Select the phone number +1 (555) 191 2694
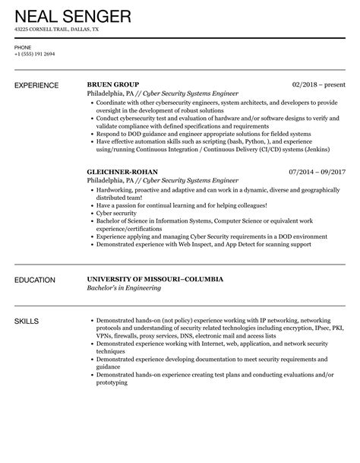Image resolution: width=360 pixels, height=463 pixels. point(34,55)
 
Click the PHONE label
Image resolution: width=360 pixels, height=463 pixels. point(23,47)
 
